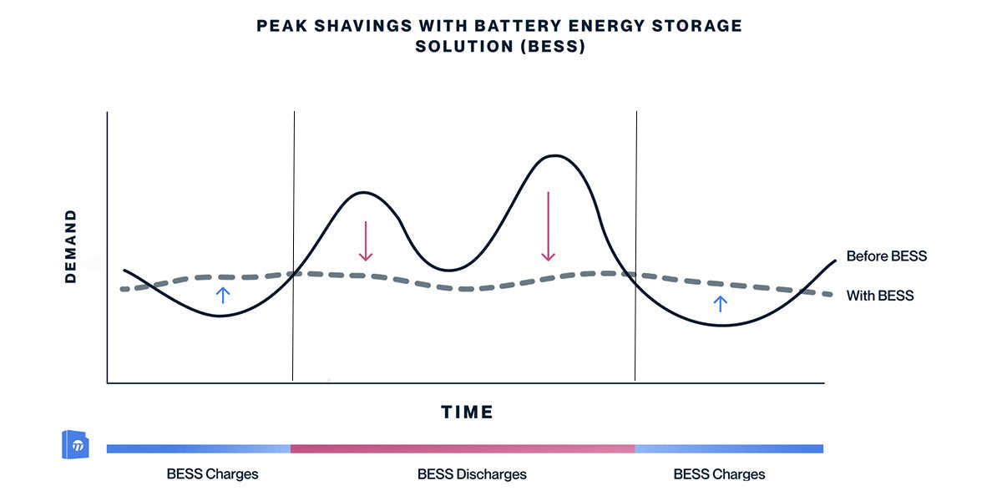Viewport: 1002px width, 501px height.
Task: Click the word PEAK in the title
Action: pyautogui.click(x=281, y=26)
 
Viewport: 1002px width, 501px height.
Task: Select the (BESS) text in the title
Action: pyautogui.click(x=549, y=47)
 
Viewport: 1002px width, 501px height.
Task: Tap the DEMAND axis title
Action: pyautogui.click(x=71, y=246)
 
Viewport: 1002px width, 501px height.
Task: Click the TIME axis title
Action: pyautogui.click(x=468, y=412)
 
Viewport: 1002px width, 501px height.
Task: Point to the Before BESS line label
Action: pyautogui.click(x=886, y=256)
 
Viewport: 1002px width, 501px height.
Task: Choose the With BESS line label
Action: pyautogui.click(x=879, y=296)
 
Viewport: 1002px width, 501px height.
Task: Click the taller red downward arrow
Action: pyautogui.click(x=548, y=226)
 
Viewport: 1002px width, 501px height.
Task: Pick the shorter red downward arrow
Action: pyautogui.click(x=365, y=241)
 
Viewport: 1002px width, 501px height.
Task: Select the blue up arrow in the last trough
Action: pyautogui.click(x=721, y=303)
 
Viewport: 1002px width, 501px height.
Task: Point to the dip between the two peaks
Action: pyautogui.click(x=448, y=270)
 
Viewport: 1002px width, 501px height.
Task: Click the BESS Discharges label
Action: pyautogui.click(x=472, y=474)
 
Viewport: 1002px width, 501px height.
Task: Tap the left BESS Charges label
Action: pyautogui.click(x=212, y=474)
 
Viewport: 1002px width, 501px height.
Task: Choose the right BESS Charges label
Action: pyautogui.click(x=719, y=474)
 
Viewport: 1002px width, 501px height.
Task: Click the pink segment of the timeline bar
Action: pyautogui.click(x=463, y=449)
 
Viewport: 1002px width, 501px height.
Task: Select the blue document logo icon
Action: pyautogui.click(x=75, y=445)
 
